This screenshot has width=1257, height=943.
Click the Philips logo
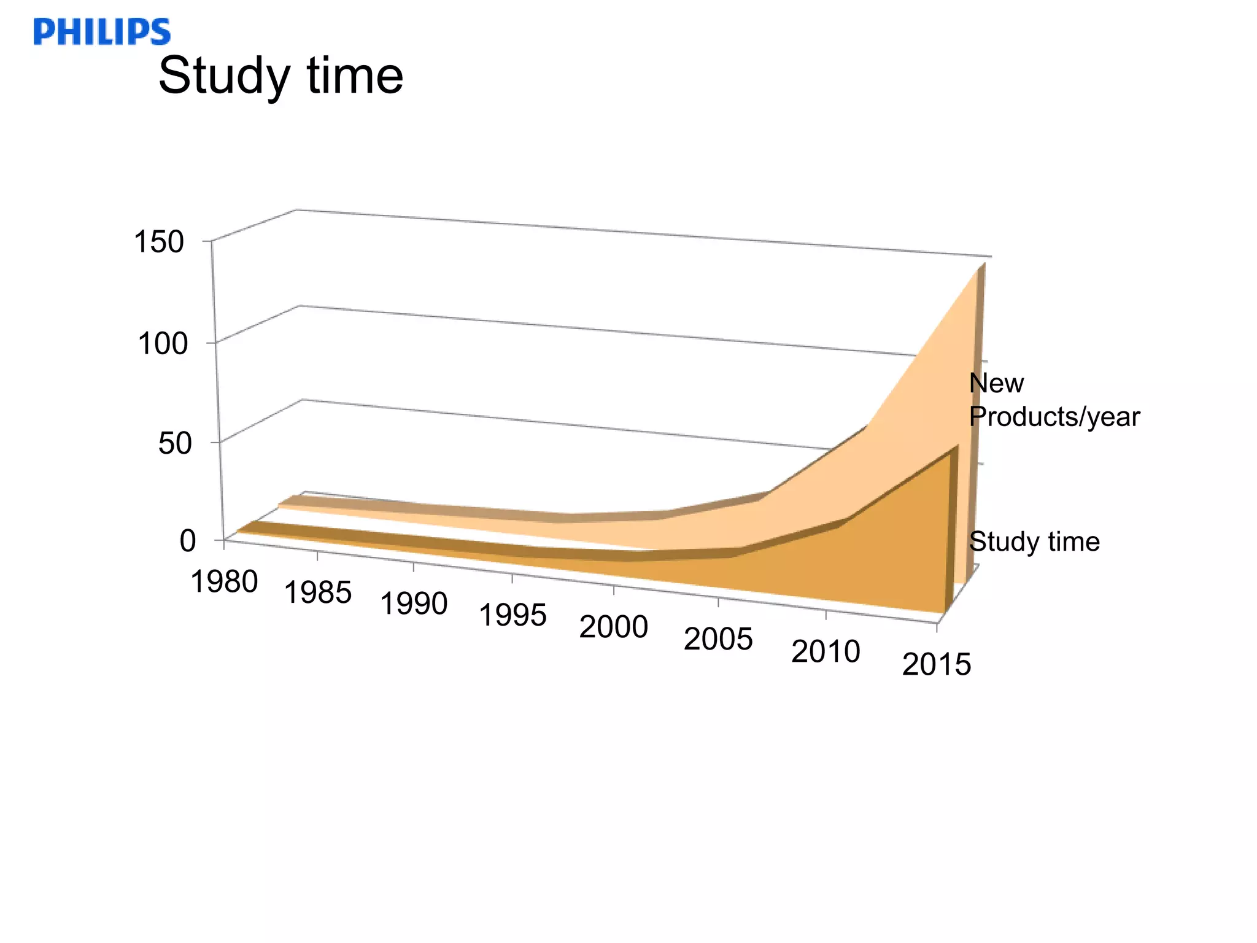tap(102, 32)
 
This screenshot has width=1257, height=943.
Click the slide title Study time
tap(280, 76)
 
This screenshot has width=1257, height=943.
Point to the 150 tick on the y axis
tap(158, 242)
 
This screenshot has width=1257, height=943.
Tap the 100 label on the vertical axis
tap(162, 343)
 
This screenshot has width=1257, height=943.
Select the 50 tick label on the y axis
tap(174, 443)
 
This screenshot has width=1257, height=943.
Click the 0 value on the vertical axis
tap(187, 541)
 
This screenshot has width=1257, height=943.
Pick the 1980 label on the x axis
tap(224, 581)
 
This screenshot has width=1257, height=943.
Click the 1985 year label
tap(317, 592)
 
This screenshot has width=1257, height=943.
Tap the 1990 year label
tap(414, 603)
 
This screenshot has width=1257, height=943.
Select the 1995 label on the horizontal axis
tap(512, 615)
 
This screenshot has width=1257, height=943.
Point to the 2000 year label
tap(613, 627)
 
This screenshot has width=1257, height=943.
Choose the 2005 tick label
tap(718, 639)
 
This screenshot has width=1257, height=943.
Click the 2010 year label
tap(826, 651)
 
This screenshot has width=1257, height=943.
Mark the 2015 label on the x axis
tap(937, 664)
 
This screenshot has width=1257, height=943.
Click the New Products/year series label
tap(1053, 400)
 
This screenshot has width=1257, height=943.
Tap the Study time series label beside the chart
tap(1034, 541)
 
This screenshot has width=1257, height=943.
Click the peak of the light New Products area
tap(980, 268)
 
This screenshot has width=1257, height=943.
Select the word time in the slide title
tap(355, 76)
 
